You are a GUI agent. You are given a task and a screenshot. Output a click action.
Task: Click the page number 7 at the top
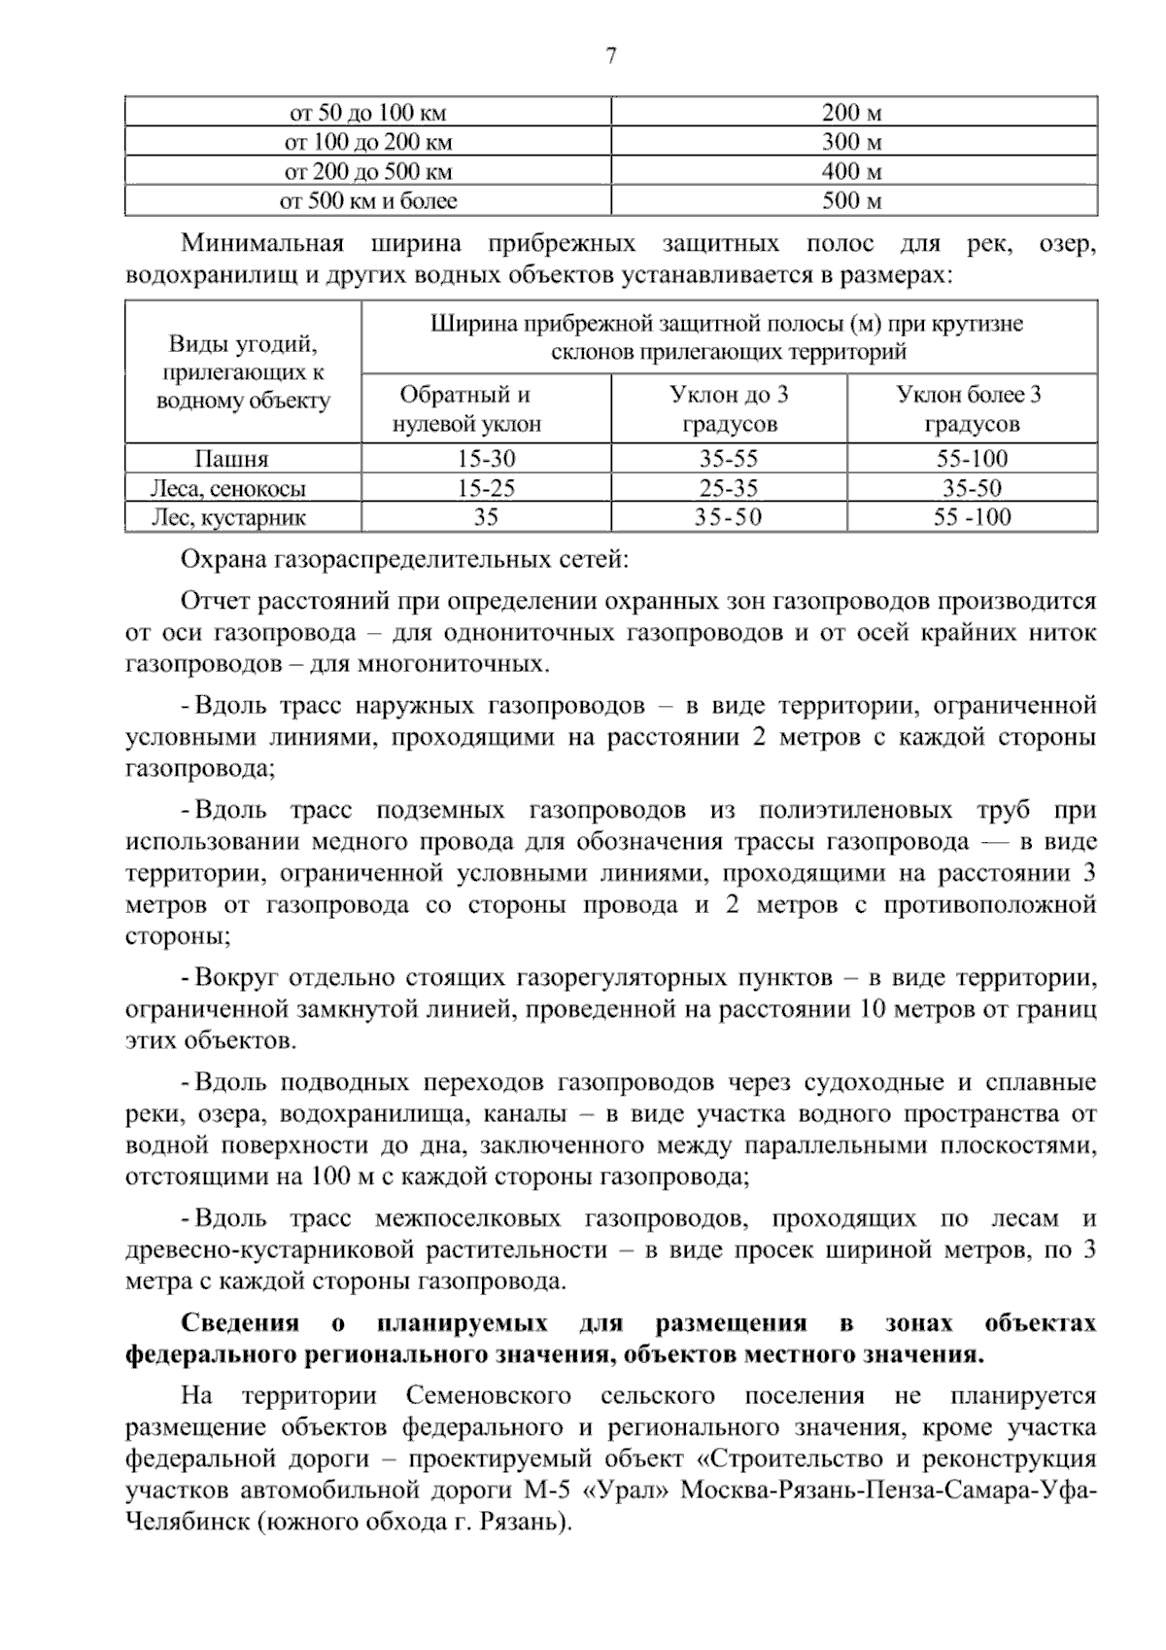click(610, 56)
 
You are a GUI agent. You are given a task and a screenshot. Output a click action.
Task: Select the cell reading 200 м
click(853, 113)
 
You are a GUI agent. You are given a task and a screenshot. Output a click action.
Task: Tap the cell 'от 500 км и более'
click(368, 201)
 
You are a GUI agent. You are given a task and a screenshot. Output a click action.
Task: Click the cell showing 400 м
click(853, 172)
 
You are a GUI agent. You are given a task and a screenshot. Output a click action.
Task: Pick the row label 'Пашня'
click(230, 459)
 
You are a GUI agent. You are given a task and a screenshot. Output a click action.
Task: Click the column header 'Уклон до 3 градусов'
click(729, 409)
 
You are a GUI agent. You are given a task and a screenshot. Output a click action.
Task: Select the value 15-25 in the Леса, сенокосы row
click(486, 488)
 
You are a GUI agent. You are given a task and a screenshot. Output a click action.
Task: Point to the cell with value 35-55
click(729, 459)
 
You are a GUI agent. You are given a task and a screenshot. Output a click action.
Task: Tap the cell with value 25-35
click(729, 488)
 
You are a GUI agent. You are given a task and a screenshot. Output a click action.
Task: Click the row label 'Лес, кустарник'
click(230, 517)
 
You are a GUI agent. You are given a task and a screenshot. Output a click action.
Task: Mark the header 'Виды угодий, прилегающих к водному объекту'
click(243, 372)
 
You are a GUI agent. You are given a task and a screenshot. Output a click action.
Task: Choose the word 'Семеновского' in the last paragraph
click(488, 1395)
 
